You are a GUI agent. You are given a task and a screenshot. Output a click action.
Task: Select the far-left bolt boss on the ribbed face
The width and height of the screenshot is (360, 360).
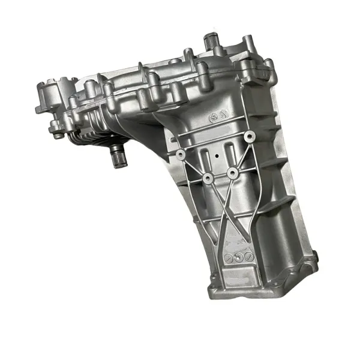(x=179, y=155)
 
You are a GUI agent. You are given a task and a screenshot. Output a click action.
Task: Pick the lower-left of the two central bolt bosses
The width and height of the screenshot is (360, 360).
(x=207, y=178)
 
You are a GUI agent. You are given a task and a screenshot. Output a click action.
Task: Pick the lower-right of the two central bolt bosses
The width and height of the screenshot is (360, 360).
(x=232, y=173)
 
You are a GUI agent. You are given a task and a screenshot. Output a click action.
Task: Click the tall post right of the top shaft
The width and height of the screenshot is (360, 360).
(x=248, y=45)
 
